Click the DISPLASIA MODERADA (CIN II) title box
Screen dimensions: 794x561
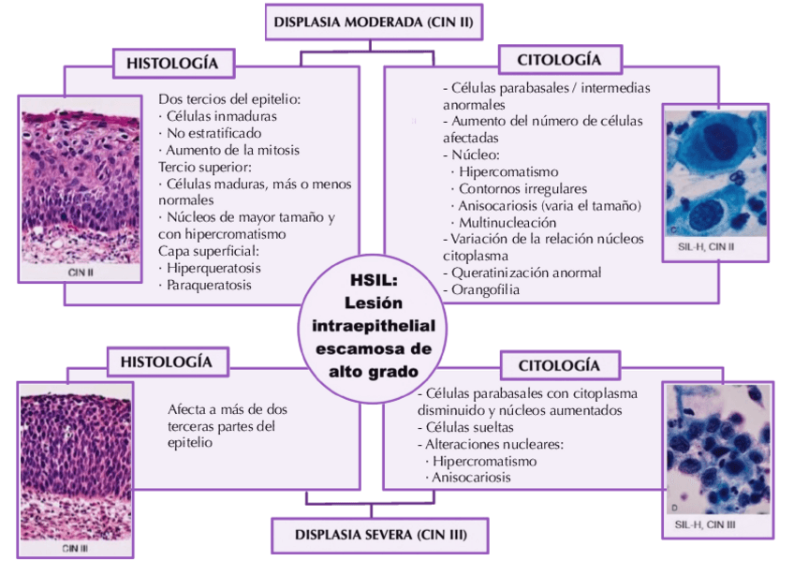[374, 21]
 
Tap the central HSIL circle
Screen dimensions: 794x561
[373, 326]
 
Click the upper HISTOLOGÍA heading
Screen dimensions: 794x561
[173, 64]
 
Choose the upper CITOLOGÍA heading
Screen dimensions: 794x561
[559, 61]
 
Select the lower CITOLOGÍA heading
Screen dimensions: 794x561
[559, 364]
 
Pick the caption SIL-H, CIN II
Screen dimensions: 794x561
[706, 246]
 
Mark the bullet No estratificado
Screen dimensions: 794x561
[211, 133]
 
